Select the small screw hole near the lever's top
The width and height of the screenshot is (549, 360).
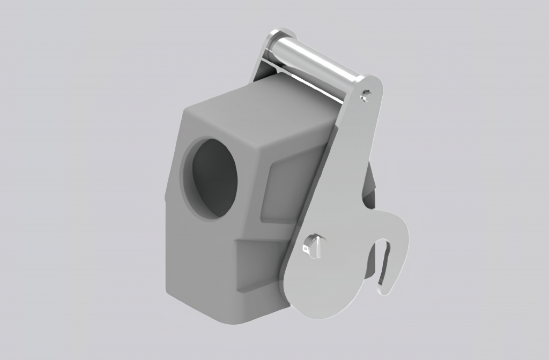pyautogui.click(x=365, y=95)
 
